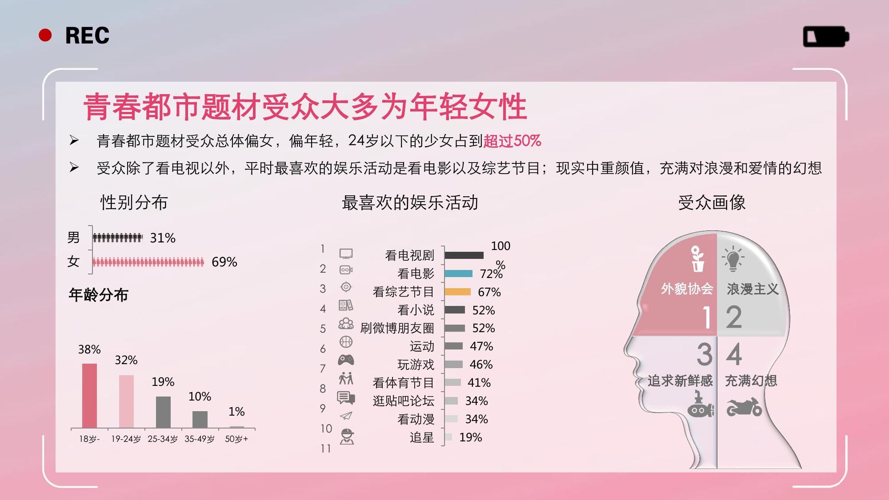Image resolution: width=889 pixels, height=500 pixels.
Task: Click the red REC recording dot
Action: pos(45,35)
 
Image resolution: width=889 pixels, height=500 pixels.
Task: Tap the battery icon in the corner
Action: pos(826,36)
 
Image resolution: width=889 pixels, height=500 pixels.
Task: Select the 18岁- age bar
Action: pos(89,396)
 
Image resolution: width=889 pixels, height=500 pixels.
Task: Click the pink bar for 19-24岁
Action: pos(126,401)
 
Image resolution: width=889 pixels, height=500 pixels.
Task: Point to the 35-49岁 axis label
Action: pos(200,439)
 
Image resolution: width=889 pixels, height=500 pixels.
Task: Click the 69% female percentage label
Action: pos(224,262)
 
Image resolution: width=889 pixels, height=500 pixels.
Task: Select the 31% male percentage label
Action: pos(163,238)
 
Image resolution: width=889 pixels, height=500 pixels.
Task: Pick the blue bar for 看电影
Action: pos(458,274)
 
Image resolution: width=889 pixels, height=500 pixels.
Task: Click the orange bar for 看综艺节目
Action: pos(457,292)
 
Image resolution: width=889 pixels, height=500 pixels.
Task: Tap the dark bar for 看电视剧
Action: pos(464,255)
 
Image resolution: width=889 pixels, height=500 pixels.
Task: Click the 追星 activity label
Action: pos(422,437)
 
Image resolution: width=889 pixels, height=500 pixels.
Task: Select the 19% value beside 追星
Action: pos(471,437)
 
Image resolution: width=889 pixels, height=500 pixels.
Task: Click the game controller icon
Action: pos(346,359)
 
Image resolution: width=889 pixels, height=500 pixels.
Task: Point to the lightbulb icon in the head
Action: pos(733,258)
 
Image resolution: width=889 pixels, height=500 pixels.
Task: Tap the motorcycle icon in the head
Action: pos(744,407)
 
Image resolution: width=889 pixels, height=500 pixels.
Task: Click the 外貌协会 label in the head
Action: pos(687,289)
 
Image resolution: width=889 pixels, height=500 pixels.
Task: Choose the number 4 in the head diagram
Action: pos(734,354)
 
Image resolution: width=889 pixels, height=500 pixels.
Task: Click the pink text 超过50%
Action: pos(512,141)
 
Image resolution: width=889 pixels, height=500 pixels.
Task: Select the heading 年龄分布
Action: pos(99,295)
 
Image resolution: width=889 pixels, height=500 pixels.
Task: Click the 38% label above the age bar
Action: pos(89,349)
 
